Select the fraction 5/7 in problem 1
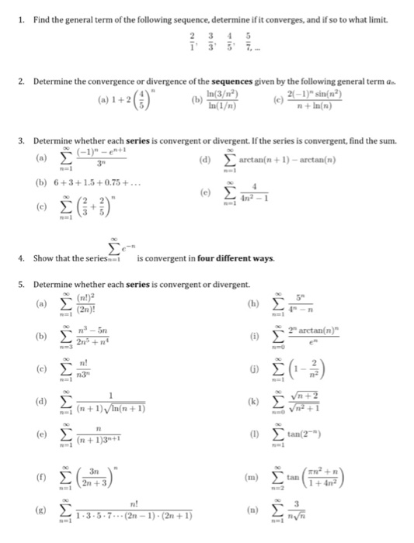click(249, 38)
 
